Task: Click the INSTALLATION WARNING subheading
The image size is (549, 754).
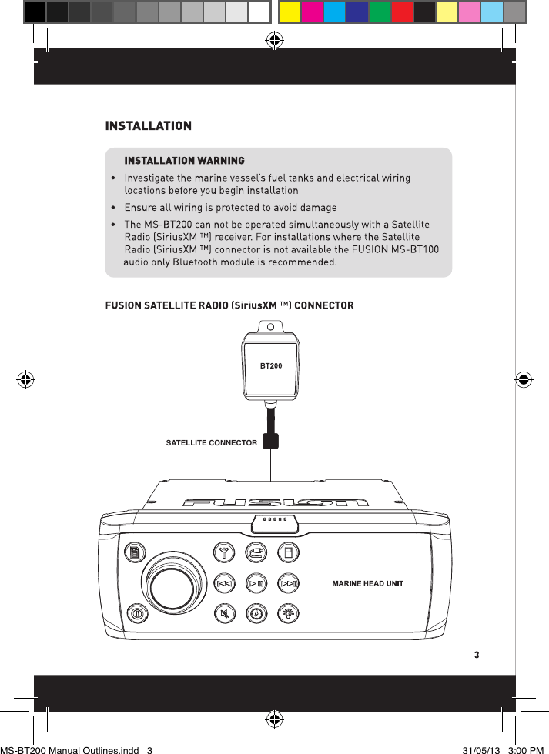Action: (x=185, y=161)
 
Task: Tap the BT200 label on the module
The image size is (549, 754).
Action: (x=270, y=365)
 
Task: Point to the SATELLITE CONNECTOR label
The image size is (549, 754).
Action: (x=212, y=443)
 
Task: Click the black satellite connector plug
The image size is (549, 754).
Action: (x=270, y=440)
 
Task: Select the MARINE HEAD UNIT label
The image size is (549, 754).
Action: (x=367, y=583)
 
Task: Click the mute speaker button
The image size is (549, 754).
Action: (x=225, y=614)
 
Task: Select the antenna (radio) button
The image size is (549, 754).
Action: (x=225, y=552)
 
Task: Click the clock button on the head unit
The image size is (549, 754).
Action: (x=256, y=614)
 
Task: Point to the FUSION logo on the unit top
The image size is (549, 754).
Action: (x=275, y=503)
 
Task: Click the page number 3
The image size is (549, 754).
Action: (x=477, y=656)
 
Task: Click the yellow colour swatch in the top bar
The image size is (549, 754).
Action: (x=290, y=12)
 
